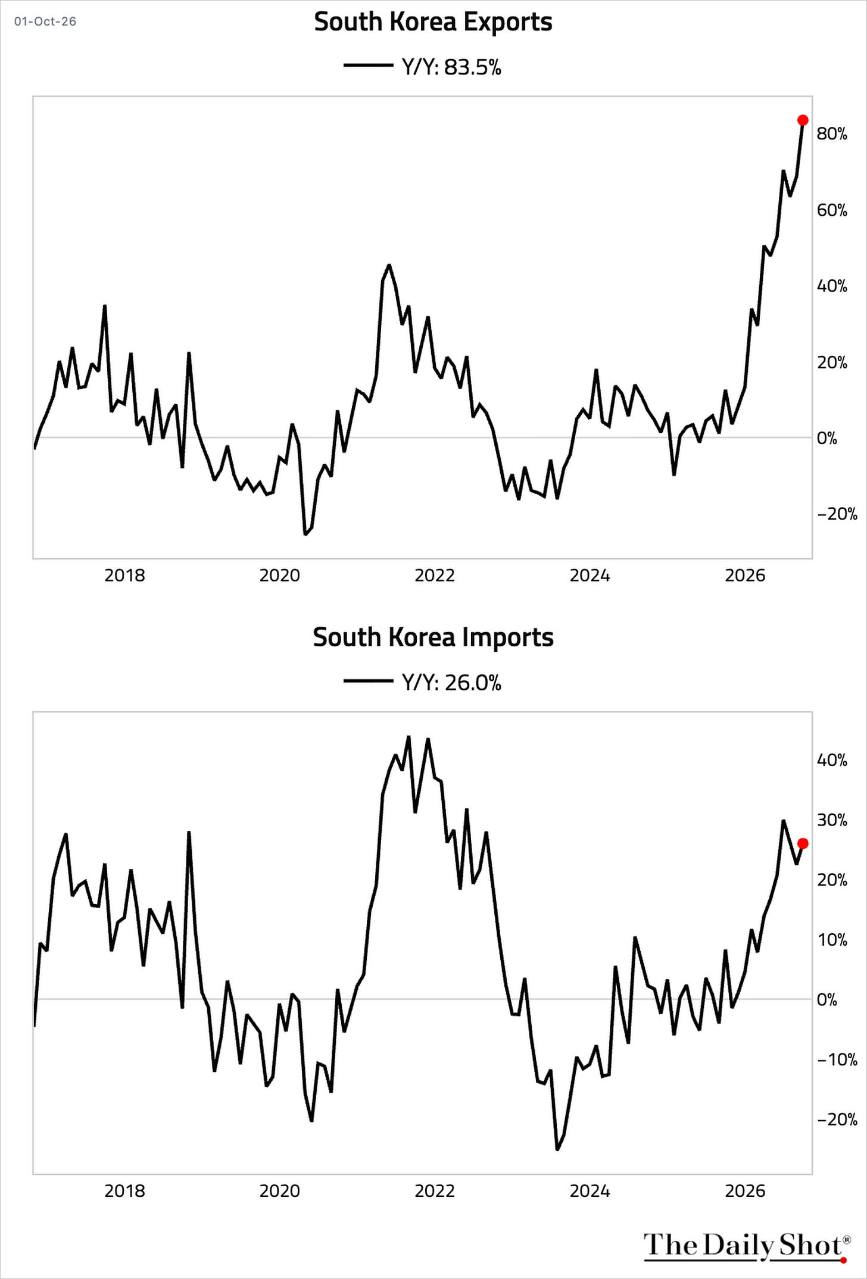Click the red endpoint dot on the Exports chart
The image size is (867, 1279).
(x=803, y=120)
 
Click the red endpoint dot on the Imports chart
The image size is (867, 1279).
(x=803, y=843)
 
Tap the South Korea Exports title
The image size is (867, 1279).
(x=433, y=22)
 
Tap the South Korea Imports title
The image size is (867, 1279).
(x=433, y=637)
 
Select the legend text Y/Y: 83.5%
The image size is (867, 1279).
(x=451, y=67)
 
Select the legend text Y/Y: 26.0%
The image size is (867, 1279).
(x=451, y=683)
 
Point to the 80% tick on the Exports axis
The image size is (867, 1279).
(x=832, y=134)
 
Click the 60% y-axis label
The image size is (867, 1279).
(x=832, y=210)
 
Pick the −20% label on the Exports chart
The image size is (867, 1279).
(x=837, y=514)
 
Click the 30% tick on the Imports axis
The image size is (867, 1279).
(x=832, y=820)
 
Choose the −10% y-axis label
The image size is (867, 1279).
(x=837, y=1060)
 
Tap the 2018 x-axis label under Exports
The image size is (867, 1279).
(x=124, y=576)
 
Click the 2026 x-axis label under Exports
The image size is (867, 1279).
(x=745, y=576)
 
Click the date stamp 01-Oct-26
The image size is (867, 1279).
(x=45, y=21)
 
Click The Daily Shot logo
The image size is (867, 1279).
(x=747, y=1245)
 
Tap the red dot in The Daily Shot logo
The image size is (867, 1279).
(x=843, y=1259)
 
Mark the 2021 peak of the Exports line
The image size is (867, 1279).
(x=389, y=265)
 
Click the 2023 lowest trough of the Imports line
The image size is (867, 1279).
(x=557, y=1149)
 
